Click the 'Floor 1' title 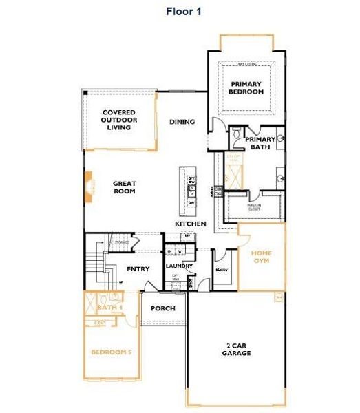coord(182,11)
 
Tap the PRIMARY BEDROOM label coord(246,87)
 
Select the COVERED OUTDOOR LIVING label coord(119,120)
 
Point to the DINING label coord(182,122)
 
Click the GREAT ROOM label coord(125,187)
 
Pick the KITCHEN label coord(191,224)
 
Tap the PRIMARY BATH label coord(260,142)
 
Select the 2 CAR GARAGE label coord(236,349)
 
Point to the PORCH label coord(163,308)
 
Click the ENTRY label coord(138,269)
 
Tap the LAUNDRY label coord(179,266)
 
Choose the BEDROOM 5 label coord(112,352)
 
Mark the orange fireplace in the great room coord(89,187)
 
